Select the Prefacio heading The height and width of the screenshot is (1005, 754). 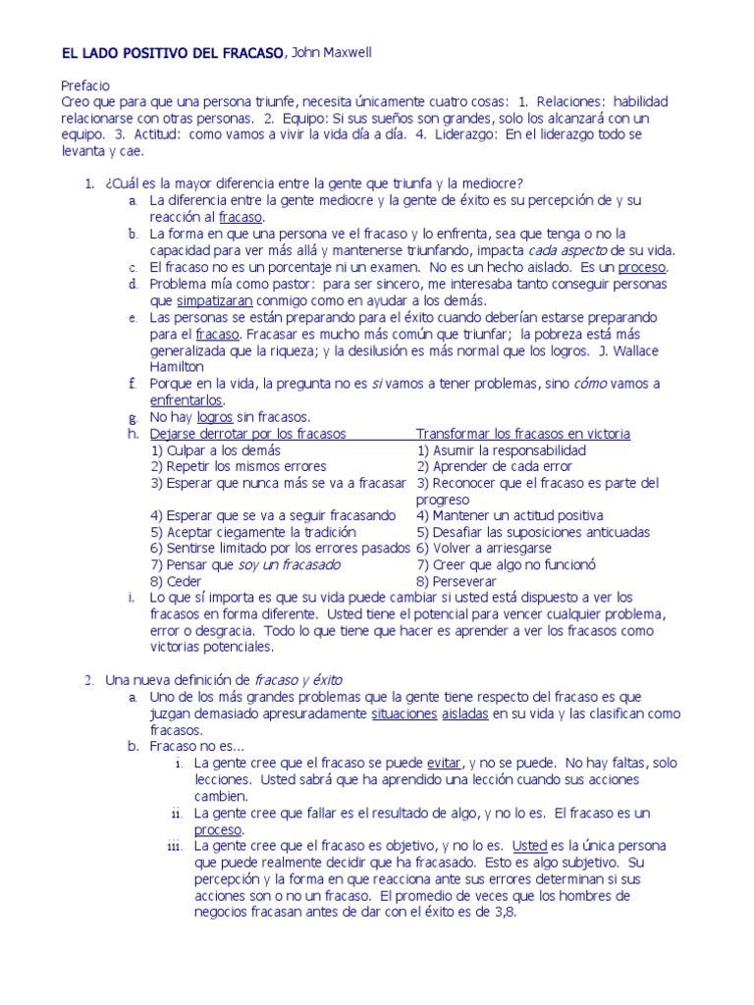(85, 85)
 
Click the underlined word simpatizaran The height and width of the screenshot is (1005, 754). (214, 300)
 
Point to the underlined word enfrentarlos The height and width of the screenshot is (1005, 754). (187, 400)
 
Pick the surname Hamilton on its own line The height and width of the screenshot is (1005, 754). (177, 367)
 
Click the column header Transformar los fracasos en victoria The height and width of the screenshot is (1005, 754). (522, 434)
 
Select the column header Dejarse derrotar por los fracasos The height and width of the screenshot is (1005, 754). (247, 434)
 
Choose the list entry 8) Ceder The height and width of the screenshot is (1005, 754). (177, 581)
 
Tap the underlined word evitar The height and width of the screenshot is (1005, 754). (446, 763)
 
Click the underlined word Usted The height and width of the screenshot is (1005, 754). (529, 845)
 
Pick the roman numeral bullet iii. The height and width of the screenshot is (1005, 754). (177, 846)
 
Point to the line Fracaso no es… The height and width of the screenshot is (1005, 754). (197, 746)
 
